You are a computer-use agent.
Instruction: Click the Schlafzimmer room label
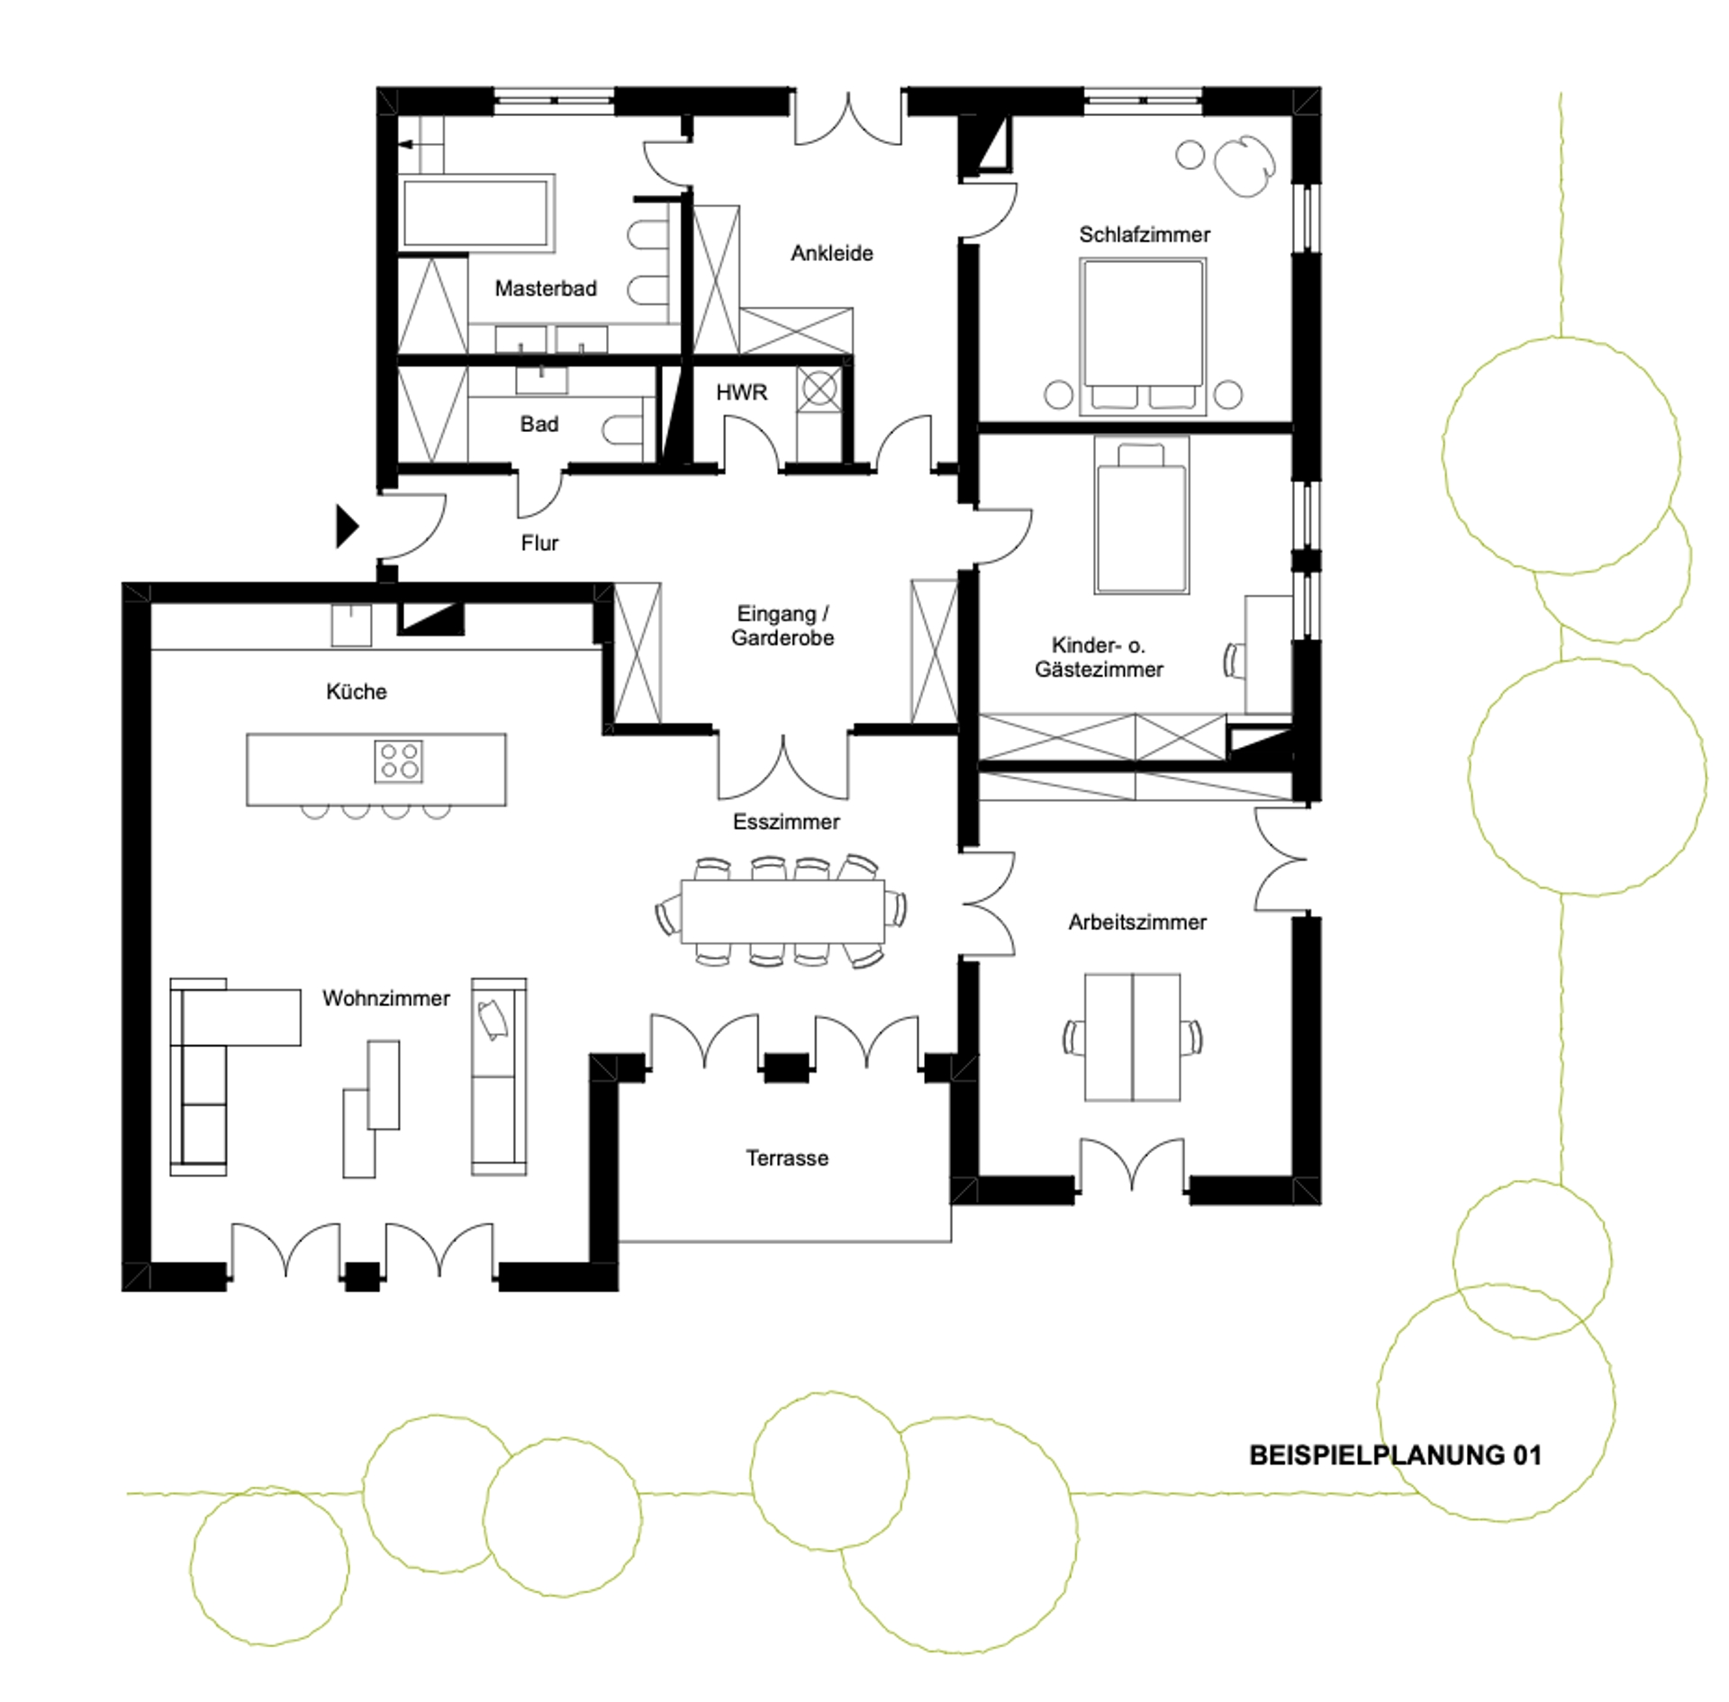[x=1144, y=235]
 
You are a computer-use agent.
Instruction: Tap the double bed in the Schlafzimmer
[x=1143, y=337]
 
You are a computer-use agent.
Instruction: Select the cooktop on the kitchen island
[x=398, y=761]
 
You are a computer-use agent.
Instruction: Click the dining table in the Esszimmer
[x=782, y=911]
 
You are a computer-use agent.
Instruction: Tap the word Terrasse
[x=787, y=1157]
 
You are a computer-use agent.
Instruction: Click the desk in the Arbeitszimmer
[x=1132, y=1037]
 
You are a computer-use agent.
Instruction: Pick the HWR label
[x=741, y=392]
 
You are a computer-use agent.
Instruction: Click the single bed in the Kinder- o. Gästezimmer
[x=1142, y=516]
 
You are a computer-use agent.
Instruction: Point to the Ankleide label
[x=832, y=254]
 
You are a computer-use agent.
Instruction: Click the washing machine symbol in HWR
[x=819, y=390]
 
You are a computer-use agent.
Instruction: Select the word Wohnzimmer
[x=385, y=998]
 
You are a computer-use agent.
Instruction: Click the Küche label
[x=356, y=691]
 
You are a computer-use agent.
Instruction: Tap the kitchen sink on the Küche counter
[x=351, y=625]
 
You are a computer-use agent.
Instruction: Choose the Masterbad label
[x=546, y=289]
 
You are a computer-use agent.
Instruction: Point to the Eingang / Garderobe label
[x=782, y=626]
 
